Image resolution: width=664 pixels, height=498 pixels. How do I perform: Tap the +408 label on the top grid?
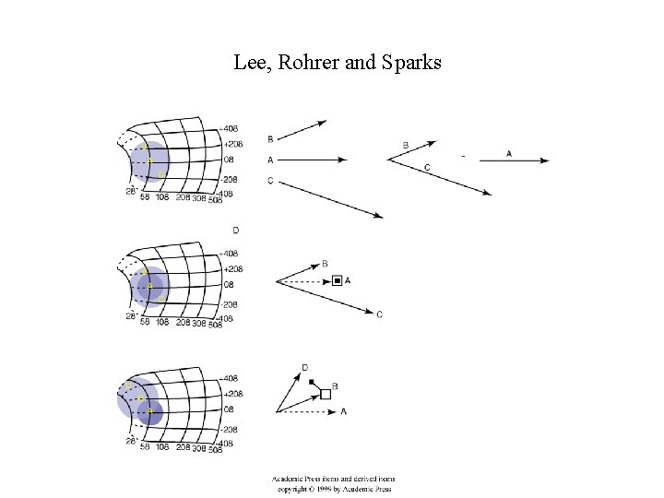click(x=233, y=129)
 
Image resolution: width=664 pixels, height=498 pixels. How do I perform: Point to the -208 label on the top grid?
click(x=232, y=179)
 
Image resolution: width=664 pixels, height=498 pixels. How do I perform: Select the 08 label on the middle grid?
click(x=229, y=286)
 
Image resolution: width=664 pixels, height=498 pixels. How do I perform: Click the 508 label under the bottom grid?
click(x=215, y=450)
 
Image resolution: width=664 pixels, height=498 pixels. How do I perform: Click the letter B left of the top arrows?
click(x=270, y=139)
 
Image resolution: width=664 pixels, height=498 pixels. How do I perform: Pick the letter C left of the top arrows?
click(x=270, y=181)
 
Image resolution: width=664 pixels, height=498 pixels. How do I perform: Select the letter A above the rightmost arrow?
click(x=509, y=153)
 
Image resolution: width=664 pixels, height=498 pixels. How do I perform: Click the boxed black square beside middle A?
click(x=338, y=279)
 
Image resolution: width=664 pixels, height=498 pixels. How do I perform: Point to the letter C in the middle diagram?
click(x=380, y=314)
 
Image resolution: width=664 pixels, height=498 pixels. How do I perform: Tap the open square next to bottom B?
click(x=326, y=395)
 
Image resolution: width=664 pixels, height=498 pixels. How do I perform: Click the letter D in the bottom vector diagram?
click(x=304, y=368)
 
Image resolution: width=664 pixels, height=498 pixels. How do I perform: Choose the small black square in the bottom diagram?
click(x=313, y=382)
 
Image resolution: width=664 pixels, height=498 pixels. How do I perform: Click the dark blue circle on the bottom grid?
click(x=150, y=411)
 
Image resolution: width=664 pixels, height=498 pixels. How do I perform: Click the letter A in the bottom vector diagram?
click(x=344, y=410)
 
